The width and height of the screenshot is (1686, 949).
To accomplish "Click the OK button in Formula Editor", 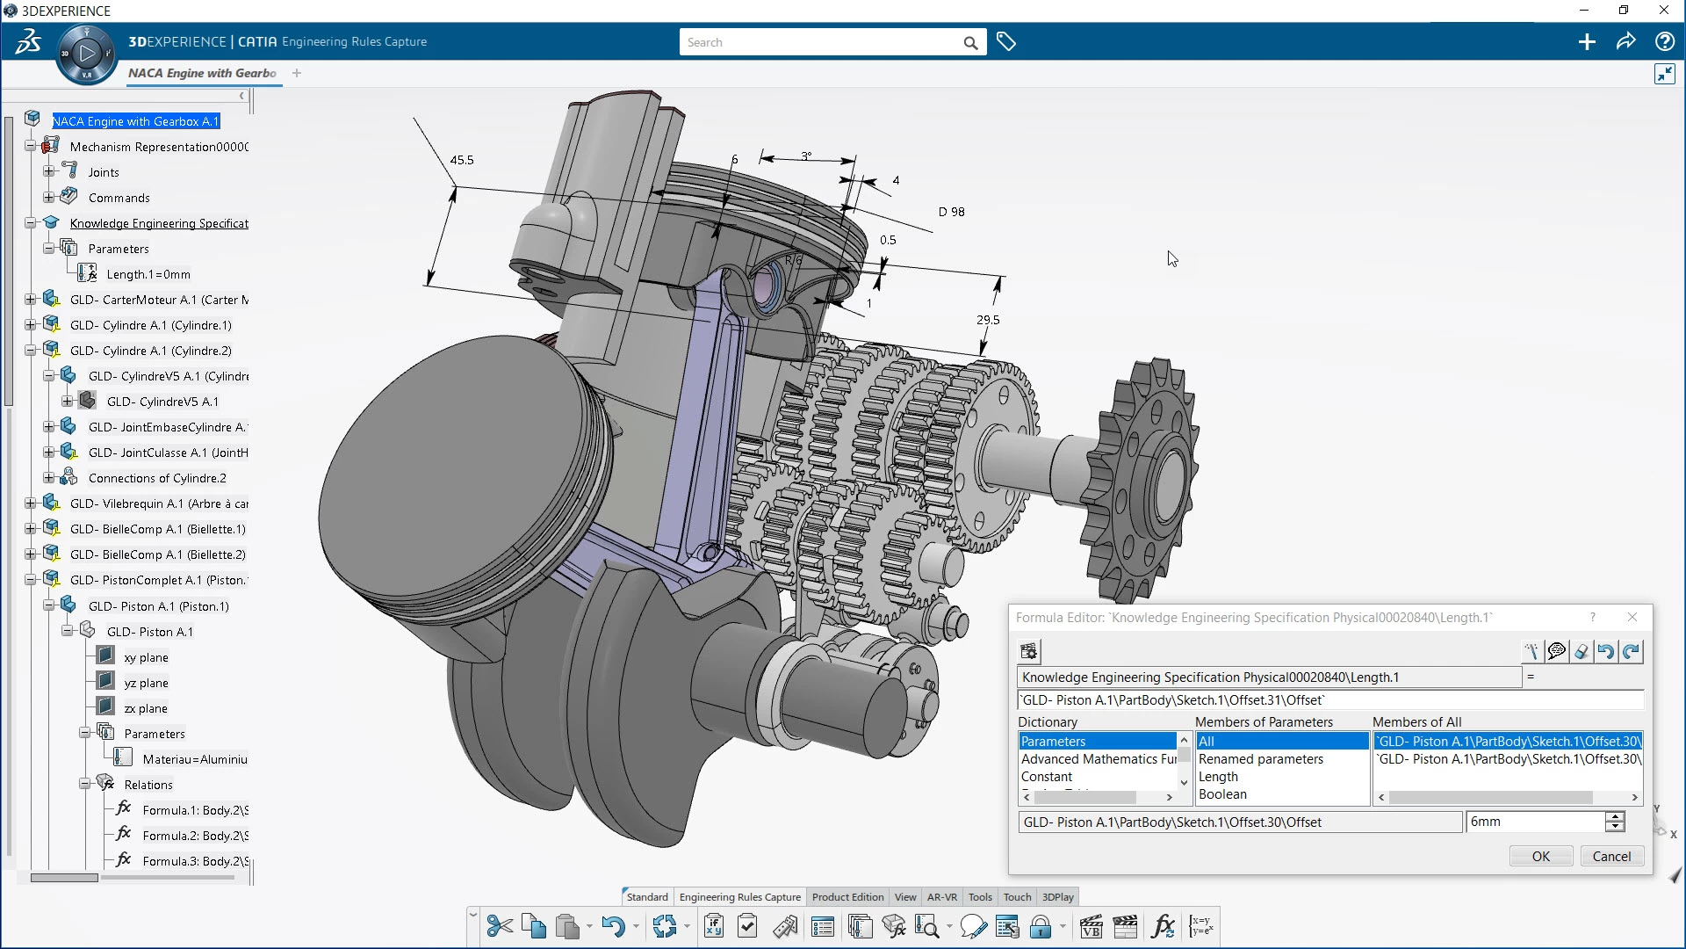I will (1540, 857).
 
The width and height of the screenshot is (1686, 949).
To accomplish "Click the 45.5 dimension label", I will (461, 160).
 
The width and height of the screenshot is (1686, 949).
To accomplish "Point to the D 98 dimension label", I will (951, 212).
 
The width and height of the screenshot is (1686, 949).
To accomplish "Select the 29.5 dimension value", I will (988, 320).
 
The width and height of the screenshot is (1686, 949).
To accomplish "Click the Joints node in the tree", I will (104, 172).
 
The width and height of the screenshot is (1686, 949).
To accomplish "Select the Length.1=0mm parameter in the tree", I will (148, 274).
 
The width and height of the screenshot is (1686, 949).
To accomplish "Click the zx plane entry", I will (145, 708).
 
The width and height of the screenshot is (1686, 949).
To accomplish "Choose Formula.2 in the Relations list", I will (194, 836).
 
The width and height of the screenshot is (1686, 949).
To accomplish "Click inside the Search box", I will (821, 42).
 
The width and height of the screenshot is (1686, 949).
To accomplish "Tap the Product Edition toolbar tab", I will (847, 897).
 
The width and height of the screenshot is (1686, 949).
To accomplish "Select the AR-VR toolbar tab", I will (941, 897).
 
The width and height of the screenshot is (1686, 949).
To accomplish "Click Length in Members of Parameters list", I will (1218, 777).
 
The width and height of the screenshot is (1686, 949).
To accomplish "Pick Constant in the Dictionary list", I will (1046, 777).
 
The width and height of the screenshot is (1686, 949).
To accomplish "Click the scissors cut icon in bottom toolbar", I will (499, 926).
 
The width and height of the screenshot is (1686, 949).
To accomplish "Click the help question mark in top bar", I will (1663, 41).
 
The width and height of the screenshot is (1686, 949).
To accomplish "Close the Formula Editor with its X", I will (1632, 618).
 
